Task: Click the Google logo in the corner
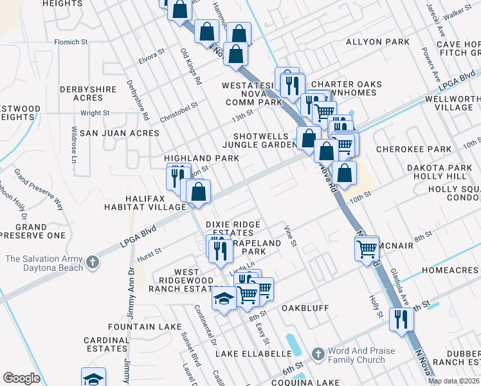click(21, 378)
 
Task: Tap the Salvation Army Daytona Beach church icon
click(93, 262)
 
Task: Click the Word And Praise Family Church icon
click(317, 354)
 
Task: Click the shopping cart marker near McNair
click(367, 248)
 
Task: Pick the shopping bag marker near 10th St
click(345, 173)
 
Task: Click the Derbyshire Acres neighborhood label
click(81, 93)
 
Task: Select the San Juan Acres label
click(127, 133)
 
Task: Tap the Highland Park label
click(201, 158)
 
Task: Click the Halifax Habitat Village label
click(145, 203)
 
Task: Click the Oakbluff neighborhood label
click(305, 309)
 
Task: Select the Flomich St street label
click(71, 42)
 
